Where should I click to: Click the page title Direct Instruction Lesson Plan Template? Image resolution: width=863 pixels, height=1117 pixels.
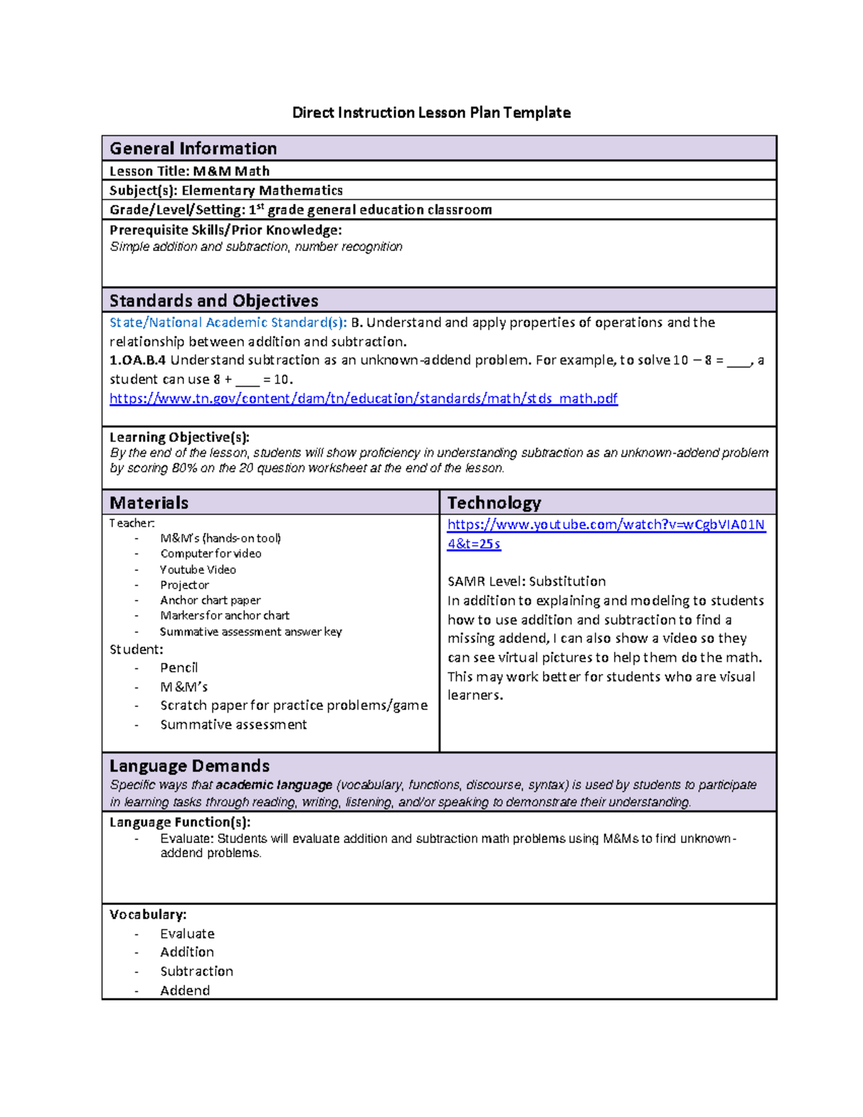point(431,112)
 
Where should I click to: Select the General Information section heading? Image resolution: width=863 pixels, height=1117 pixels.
point(193,148)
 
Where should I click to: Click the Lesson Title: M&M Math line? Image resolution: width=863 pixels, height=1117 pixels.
point(189,171)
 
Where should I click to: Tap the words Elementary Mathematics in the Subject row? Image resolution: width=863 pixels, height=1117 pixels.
point(262,191)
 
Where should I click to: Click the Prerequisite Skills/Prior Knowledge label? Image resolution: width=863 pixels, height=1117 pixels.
point(225,230)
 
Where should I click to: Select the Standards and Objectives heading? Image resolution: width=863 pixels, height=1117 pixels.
point(214,301)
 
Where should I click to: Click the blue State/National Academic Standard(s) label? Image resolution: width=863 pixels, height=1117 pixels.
point(228,322)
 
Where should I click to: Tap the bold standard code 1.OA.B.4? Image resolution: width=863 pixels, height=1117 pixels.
point(137,360)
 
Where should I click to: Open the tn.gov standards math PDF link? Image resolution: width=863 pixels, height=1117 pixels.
point(363,398)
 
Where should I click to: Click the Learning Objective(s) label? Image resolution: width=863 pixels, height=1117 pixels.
point(179,437)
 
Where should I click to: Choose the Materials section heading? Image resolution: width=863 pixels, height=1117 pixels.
point(149,503)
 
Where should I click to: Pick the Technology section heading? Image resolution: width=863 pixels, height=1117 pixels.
point(494,503)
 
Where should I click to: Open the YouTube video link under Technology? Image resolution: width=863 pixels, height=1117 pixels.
point(606,525)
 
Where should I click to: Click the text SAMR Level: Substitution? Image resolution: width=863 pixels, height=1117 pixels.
point(526,581)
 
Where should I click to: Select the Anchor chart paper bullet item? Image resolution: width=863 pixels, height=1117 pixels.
point(210,600)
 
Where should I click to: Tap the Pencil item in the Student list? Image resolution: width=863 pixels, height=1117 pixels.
point(178,667)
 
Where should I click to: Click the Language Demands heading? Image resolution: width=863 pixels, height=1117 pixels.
point(189,766)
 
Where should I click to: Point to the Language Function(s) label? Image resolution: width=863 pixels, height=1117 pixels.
point(180,822)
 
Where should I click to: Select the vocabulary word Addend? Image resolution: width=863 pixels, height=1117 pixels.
point(185,990)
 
